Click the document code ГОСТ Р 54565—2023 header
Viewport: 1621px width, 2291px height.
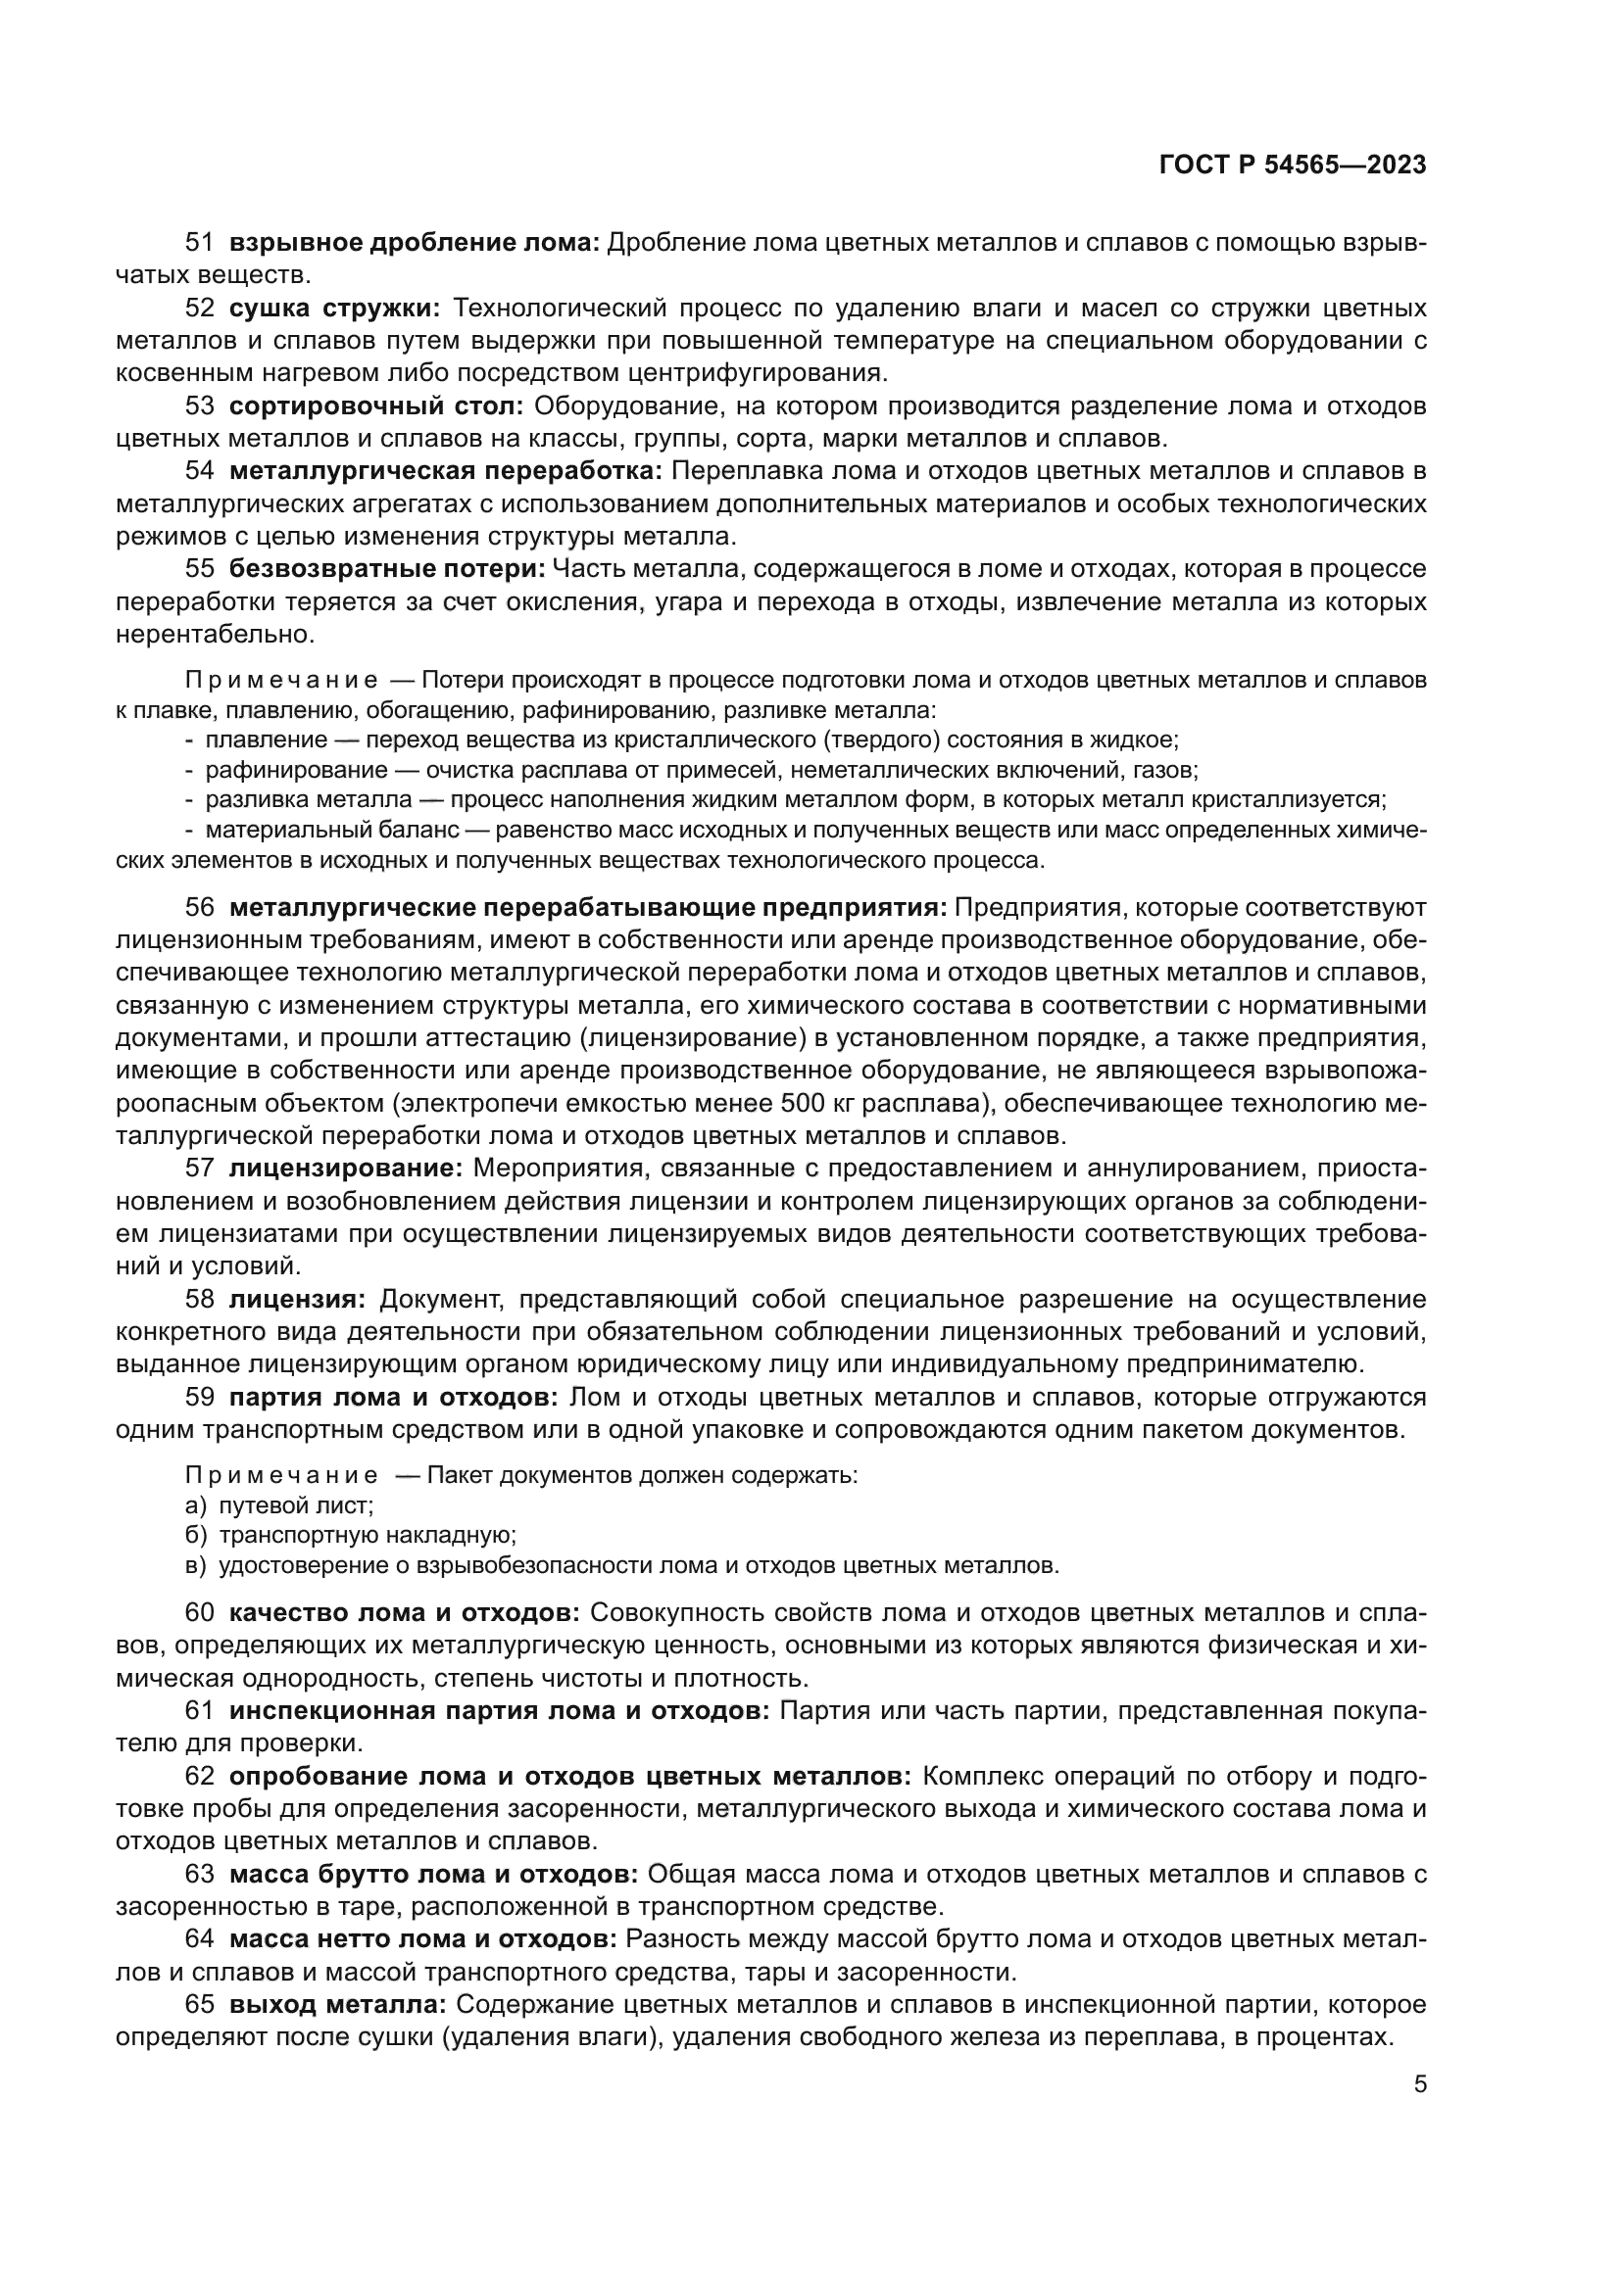pos(1293,166)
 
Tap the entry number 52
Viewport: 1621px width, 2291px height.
pos(200,309)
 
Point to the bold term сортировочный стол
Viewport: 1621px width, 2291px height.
pos(376,406)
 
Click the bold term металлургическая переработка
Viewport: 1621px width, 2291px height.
pos(446,471)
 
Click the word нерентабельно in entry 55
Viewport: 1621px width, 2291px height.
pos(215,634)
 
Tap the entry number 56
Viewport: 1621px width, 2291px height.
pos(200,907)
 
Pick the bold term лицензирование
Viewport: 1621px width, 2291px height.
pos(346,1169)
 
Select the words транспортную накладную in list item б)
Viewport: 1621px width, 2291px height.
pos(368,1536)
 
